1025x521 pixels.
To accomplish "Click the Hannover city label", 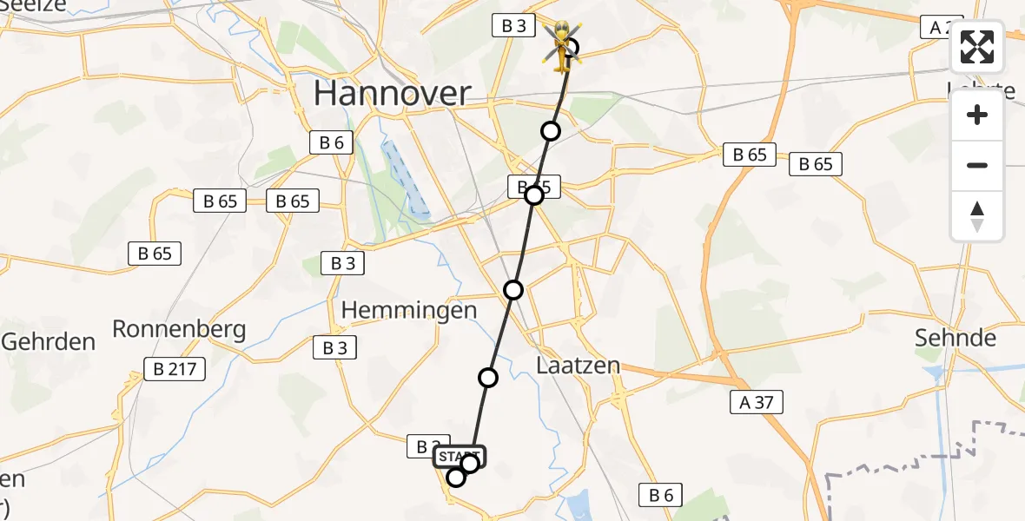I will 392,93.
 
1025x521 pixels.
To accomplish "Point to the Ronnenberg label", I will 179,329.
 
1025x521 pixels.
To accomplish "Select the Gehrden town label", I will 48,341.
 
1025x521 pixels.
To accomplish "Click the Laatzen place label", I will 578,365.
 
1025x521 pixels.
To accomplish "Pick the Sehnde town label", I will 955,338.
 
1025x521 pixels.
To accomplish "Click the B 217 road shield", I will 178,369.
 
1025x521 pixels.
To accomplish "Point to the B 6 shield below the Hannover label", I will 331,143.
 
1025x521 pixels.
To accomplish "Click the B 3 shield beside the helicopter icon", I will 512,26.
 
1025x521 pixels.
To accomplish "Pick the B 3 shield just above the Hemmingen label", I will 342,263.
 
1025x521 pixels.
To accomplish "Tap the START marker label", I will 458,456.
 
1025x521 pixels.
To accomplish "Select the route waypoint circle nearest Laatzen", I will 488,378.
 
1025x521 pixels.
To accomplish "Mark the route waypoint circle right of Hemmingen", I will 513,290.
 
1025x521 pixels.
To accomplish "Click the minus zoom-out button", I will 977,165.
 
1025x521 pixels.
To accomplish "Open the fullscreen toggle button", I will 977,47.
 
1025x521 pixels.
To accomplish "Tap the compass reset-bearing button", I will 977,215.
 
